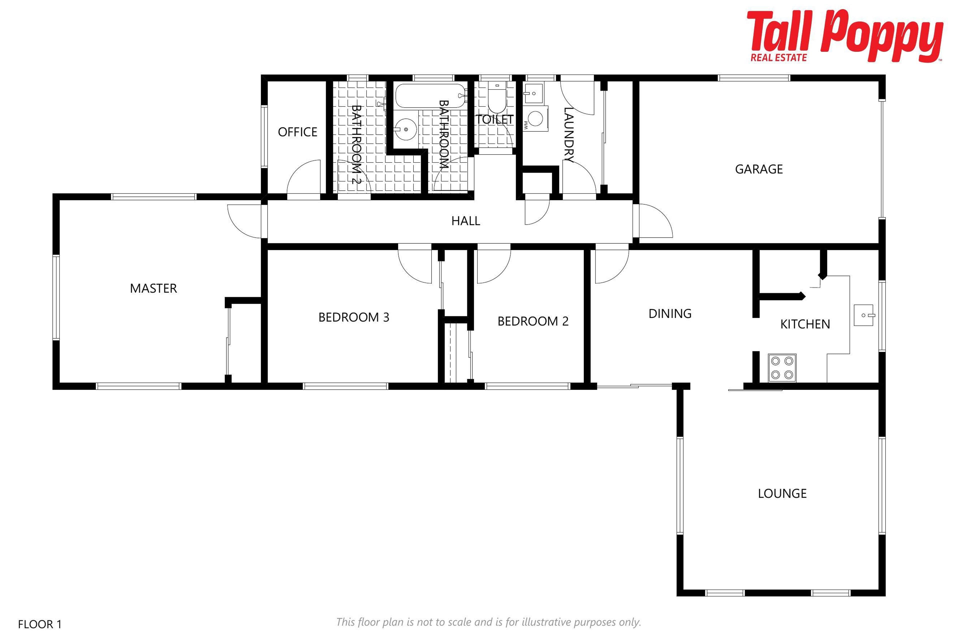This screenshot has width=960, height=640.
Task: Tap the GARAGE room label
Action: click(x=759, y=169)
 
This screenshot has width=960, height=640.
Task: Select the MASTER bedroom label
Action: click(x=153, y=288)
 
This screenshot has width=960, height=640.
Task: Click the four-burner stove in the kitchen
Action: click(x=782, y=368)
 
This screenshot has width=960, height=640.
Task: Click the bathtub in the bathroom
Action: click(x=430, y=95)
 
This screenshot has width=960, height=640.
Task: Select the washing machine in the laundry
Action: click(x=535, y=119)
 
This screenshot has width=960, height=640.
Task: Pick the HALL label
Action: click(x=466, y=221)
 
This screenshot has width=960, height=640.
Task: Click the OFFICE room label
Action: click(x=297, y=132)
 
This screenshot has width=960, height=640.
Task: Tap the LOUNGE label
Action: click(x=782, y=493)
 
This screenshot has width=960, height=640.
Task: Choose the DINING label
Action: click(x=670, y=313)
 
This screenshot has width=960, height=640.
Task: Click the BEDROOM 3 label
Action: click(x=353, y=317)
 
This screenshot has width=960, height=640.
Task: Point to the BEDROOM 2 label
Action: click(x=533, y=321)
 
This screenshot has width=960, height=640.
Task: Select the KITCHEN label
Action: click(x=805, y=324)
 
